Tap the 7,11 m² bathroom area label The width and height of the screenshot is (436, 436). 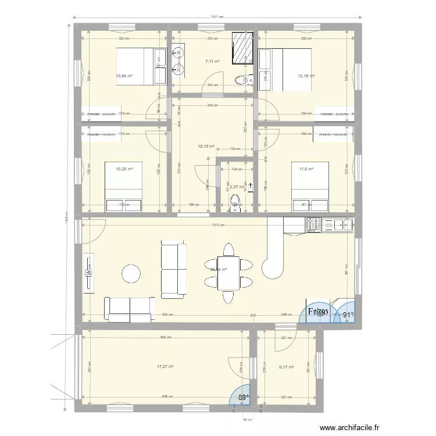click(212, 61)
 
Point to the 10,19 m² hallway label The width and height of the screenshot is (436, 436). click(206, 146)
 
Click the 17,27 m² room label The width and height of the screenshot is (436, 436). click(166, 367)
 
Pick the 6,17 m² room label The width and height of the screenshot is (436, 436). click(287, 367)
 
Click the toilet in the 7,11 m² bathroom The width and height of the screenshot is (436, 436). click(241, 80)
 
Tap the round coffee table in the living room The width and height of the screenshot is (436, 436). click(131, 273)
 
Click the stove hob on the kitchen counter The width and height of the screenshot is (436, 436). click(313, 224)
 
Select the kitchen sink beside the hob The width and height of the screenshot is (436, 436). click(338, 224)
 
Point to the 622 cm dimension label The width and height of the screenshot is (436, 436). click(166, 338)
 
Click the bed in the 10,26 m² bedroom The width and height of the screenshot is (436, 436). click(123, 187)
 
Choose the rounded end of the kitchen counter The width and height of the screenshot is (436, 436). click(273, 268)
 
